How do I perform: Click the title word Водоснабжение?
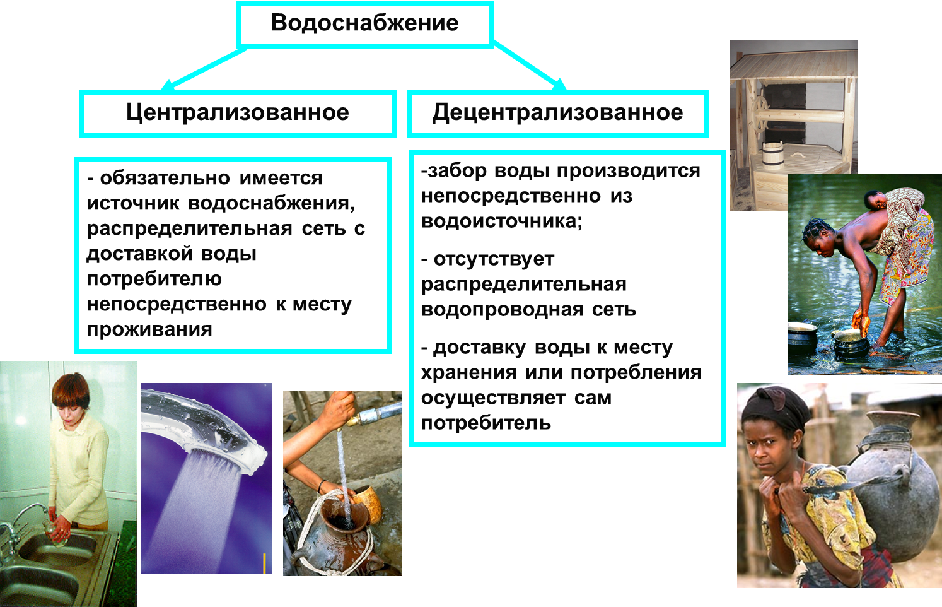click(x=364, y=23)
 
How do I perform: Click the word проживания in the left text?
click(x=149, y=329)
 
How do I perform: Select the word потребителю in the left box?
click(x=154, y=279)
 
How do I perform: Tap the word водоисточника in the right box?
click(x=502, y=221)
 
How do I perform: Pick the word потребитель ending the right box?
click(x=486, y=423)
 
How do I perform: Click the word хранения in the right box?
click(x=469, y=372)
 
